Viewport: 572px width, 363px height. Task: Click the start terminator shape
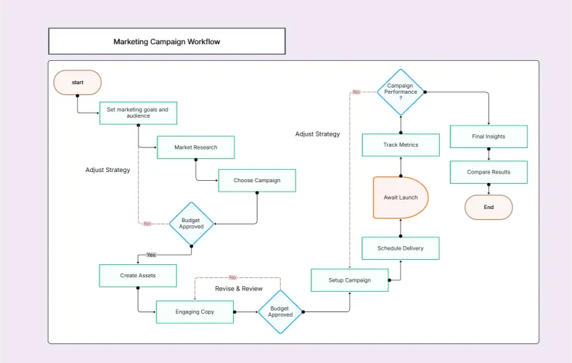coord(77,83)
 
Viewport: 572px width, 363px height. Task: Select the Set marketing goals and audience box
coord(137,113)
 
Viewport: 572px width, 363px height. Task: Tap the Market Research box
coord(195,147)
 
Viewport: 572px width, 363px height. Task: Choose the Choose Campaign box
coord(257,180)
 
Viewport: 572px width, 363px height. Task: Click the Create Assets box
coord(138,275)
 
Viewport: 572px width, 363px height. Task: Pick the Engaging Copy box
coord(195,311)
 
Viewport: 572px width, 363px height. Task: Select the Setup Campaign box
coord(349,280)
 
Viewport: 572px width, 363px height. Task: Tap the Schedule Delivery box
coord(401,248)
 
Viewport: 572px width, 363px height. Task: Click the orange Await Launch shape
coord(400,197)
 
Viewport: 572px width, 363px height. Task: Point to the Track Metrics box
coord(401,145)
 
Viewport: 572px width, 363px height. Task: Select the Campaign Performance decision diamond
coord(400,92)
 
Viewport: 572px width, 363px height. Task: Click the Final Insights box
coord(489,136)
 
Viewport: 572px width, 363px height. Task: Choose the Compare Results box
coord(489,172)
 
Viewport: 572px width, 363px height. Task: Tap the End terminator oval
coord(489,207)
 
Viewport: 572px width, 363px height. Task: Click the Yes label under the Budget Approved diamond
coord(151,255)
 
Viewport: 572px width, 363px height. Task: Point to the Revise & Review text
coord(239,289)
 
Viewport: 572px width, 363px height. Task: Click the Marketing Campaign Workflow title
coord(166,41)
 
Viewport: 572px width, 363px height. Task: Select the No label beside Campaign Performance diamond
coord(356,92)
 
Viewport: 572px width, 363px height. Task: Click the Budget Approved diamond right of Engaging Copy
coord(280,311)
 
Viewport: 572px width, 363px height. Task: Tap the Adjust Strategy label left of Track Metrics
coord(317,134)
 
